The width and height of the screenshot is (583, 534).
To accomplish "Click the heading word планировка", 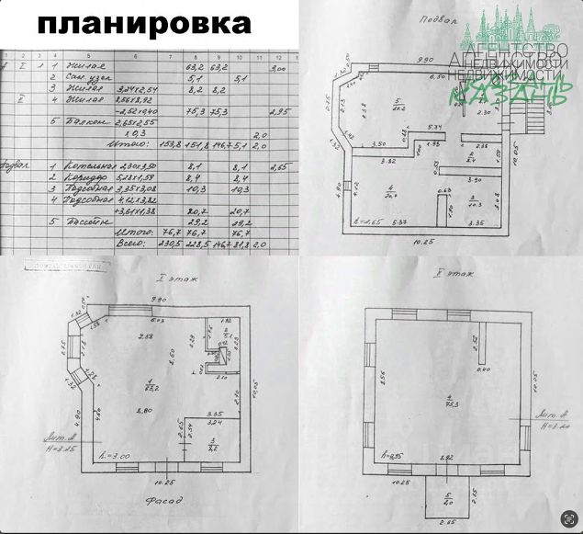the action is pyautogui.click(x=145, y=23).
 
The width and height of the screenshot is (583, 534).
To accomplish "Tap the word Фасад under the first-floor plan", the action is pyautogui.click(x=164, y=502).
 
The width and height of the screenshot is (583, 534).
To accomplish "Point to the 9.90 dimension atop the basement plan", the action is pyautogui.click(x=424, y=58).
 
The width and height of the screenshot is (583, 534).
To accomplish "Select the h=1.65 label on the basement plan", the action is pyautogui.click(x=367, y=223).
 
